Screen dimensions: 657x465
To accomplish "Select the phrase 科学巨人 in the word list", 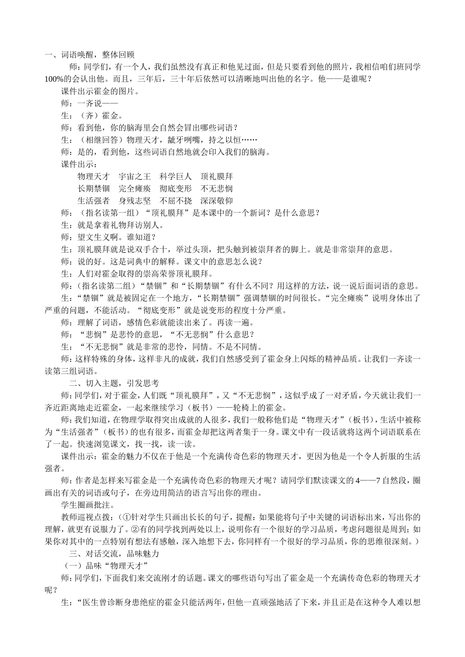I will tap(175, 176).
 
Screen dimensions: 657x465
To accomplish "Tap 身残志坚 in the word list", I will tap(135, 200).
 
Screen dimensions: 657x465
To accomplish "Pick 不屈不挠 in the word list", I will tap(175, 200).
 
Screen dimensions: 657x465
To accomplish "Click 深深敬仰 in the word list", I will tap(216, 200).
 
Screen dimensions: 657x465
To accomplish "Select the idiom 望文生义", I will tap(93, 237).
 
